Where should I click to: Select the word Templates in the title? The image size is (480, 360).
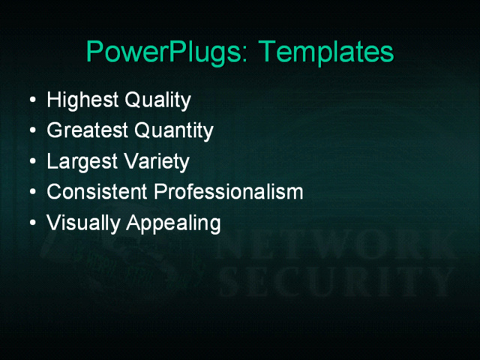(x=325, y=52)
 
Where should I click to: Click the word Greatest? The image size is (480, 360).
(x=87, y=131)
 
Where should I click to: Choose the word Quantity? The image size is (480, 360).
(x=173, y=131)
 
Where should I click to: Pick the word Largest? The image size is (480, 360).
(x=76, y=162)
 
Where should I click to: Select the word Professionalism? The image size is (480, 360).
(x=229, y=192)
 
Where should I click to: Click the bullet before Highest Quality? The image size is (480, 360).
(x=30, y=100)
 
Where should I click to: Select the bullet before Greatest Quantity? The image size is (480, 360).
(x=30, y=131)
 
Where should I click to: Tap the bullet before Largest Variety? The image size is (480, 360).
(x=30, y=162)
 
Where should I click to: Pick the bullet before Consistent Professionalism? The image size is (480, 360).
(x=30, y=193)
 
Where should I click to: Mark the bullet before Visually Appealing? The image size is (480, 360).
(x=30, y=223)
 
